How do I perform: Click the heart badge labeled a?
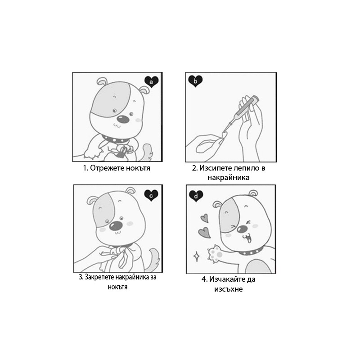click(152, 82)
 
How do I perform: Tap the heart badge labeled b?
click(195, 81)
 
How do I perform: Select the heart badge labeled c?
click(151, 196)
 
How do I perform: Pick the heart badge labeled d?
click(196, 196)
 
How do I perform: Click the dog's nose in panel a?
click(123, 119)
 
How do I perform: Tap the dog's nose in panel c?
click(115, 226)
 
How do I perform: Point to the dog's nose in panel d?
click(242, 229)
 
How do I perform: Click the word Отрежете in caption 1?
click(105, 168)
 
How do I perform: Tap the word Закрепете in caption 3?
click(99, 277)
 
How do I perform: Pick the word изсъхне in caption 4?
click(229, 289)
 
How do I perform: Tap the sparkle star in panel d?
click(197, 256)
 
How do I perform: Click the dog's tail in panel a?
click(147, 152)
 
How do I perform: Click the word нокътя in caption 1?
click(136, 168)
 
